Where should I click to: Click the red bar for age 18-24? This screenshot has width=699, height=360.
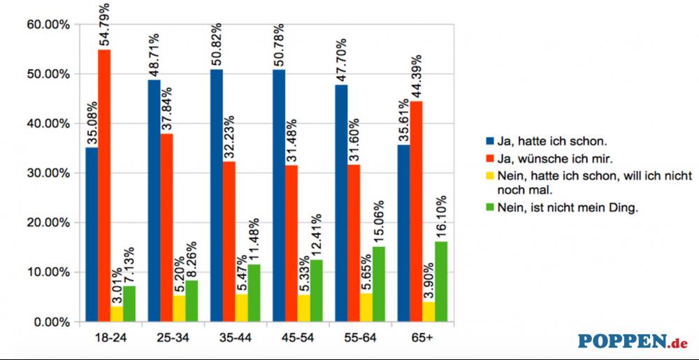104,185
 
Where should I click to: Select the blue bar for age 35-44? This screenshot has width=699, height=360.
217,196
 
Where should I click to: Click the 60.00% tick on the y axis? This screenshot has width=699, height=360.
48,24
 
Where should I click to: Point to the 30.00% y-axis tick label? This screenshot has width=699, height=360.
48,173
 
